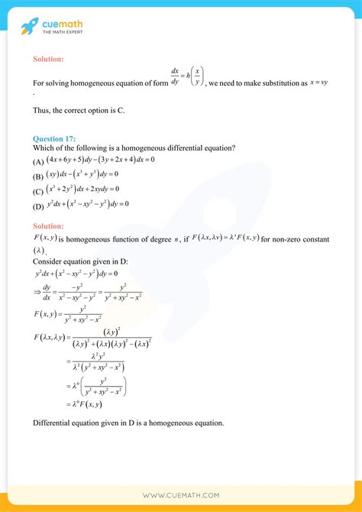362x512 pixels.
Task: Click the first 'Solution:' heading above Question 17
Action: click(x=48, y=59)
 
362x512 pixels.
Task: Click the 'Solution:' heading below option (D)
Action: click(x=48, y=226)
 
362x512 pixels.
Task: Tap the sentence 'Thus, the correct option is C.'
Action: click(x=79, y=111)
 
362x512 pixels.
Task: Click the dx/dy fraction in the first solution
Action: click(x=175, y=78)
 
